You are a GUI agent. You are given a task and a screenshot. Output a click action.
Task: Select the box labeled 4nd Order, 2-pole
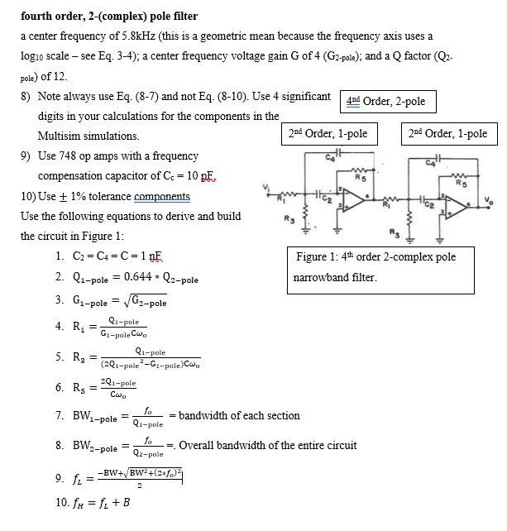tap(388, 102)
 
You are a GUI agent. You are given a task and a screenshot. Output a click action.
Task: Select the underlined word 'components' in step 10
tap(162, 197)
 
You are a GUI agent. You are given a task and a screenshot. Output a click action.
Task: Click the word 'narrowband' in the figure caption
tap(323, 277)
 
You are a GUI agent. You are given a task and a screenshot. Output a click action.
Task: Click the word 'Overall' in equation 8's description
tap(198, 446)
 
